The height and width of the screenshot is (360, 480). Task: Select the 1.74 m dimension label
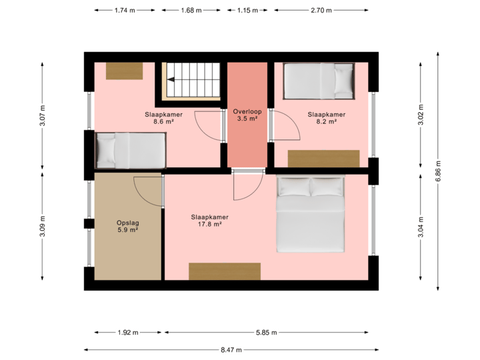(x=125, y=11)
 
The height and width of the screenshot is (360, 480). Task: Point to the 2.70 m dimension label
(x=321, y=11)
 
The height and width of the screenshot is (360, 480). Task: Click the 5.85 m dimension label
(x=266, y=333)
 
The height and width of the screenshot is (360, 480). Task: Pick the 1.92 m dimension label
(x=127, y=333)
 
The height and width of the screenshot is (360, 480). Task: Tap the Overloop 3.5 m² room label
(x=247, y=115)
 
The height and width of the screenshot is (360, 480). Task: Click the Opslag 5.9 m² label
(x=127, y=227)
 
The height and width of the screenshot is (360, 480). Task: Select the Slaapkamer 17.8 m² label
(x=210, y=221)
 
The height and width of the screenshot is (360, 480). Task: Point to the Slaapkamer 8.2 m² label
(x=326, y=118)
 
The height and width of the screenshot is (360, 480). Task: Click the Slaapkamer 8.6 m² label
(x=163, y=118)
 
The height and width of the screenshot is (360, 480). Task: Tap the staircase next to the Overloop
(x=193, y=79)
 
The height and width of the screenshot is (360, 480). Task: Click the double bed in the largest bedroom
(x=311, y=214)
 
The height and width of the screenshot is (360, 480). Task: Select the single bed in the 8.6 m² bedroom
(x=130, y=150)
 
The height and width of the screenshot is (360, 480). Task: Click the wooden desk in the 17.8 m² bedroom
(x=224, y=271)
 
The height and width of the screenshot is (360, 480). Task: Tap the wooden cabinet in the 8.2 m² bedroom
(x=323, y=159)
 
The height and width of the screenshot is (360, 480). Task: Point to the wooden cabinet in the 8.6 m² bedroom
(x=124, y=70)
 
